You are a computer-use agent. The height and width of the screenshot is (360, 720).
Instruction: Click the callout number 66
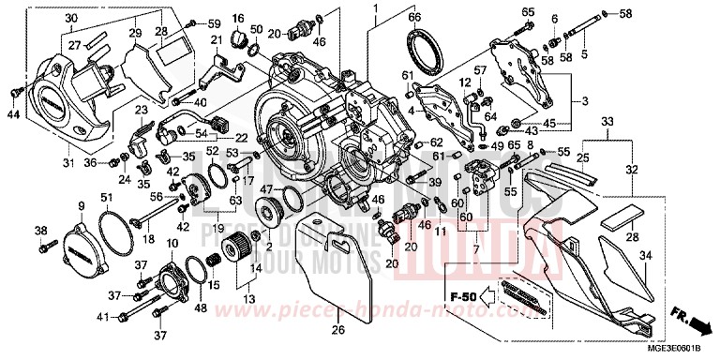pyautogui.click(x=414, y=16)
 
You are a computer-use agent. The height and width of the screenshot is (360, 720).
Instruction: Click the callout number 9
pyautogui.click(x=81, y=206)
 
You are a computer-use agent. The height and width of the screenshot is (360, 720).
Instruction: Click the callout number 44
pyautogui.click(x=12, y=114)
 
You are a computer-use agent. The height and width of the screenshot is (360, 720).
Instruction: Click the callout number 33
pyautogui.click(x=606, y=122)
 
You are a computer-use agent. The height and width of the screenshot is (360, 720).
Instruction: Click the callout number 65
pyautogui.click(x=528, y=11)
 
